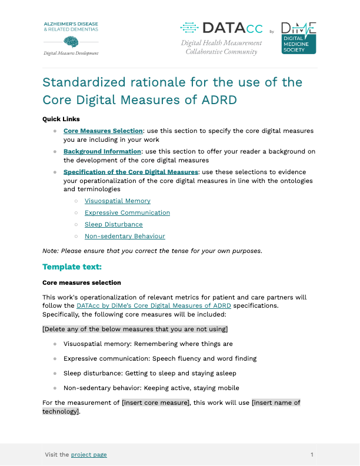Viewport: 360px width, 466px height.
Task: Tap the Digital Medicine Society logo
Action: [x=298, y=38]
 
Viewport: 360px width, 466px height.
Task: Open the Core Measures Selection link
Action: [x=104, y=131]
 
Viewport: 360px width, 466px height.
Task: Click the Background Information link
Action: [x=102, y=151]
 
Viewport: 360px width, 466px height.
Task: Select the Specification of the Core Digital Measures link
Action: [x=131, y=172]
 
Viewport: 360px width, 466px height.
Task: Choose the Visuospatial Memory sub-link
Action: [x=118, y=201]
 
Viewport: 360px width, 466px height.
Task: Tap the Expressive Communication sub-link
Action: [x=127, y=212]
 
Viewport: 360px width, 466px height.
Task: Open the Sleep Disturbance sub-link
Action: [x=114, y=224]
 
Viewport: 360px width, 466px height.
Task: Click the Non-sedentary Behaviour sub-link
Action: [x=125, y=236]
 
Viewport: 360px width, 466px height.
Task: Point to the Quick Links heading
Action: [x=61, y=119]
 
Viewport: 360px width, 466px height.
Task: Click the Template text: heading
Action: [x=72, y=267]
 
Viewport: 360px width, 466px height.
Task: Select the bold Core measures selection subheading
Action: [x=82, y=282]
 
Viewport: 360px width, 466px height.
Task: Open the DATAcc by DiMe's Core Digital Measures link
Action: [x=154, y=305]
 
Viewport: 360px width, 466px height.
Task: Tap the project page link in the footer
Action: [x=89, y=454]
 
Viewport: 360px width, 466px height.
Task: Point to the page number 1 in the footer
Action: [x=312, y=454]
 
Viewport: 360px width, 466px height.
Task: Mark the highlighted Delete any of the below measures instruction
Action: [x=135, y=328]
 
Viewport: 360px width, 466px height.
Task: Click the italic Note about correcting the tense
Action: [x=152, y=251]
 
